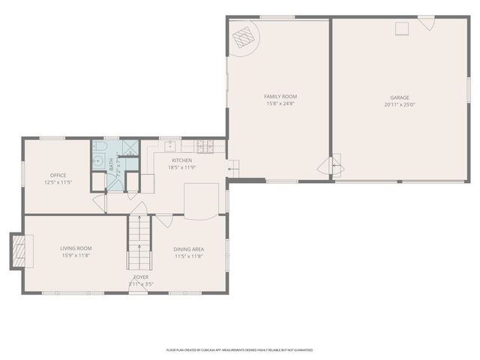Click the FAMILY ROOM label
tap(280, 97)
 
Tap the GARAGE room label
tap(400, 97)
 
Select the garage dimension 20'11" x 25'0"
tap(400, 105)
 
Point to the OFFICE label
tap(58, 175)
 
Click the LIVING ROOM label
tap(76, 248)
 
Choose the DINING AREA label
tap(189, 249)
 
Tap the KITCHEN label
tap(182, 160)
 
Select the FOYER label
tap(141, 277)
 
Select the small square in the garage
tap(402, 28)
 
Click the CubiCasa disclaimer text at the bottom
tap(239, 349)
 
